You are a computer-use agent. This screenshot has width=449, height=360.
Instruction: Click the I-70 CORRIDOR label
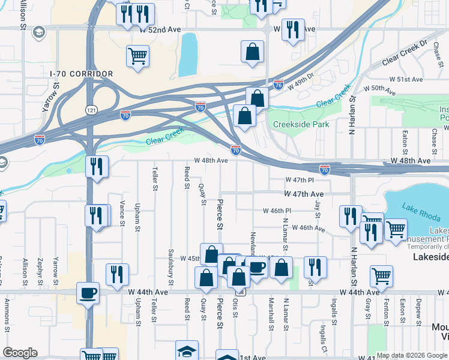point(82,74)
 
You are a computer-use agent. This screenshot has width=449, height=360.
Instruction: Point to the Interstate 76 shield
point(278,85)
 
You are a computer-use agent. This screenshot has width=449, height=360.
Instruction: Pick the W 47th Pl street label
point(300,180)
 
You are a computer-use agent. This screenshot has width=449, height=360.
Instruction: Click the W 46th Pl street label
point(277,211)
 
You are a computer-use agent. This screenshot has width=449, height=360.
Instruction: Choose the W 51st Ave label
point(406,79)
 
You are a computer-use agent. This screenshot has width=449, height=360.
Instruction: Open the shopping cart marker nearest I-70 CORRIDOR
point(137,56)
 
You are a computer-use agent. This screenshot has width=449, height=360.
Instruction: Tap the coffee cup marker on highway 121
point(89,293)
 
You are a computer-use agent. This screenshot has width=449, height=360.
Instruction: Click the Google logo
point(20,353)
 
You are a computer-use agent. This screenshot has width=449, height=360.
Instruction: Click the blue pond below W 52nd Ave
point(188,50)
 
